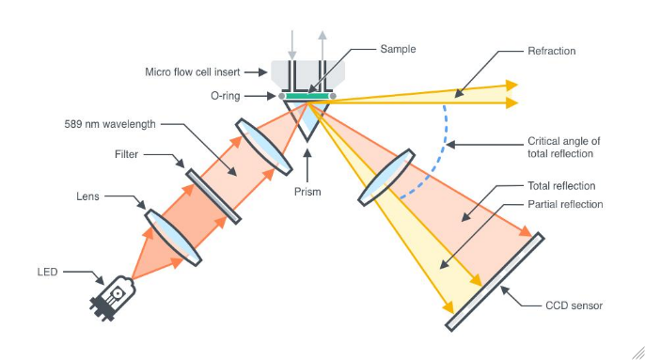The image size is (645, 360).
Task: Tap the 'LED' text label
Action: click(47, 273)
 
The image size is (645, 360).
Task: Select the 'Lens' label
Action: click(87, 196)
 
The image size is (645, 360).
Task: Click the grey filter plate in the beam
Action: click(212, 196)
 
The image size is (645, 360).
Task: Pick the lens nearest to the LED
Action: click(171, 233)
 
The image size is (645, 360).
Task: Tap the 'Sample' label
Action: click(397, 48)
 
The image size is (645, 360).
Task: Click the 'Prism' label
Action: click(307, 192)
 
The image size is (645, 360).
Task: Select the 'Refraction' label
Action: click(552, 51)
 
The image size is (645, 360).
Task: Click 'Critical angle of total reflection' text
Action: click(563, 147)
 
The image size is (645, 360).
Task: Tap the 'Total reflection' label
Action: click(562, 186)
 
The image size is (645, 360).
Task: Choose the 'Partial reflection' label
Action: click(565, 204)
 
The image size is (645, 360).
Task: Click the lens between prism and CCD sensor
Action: click(385, 176)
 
